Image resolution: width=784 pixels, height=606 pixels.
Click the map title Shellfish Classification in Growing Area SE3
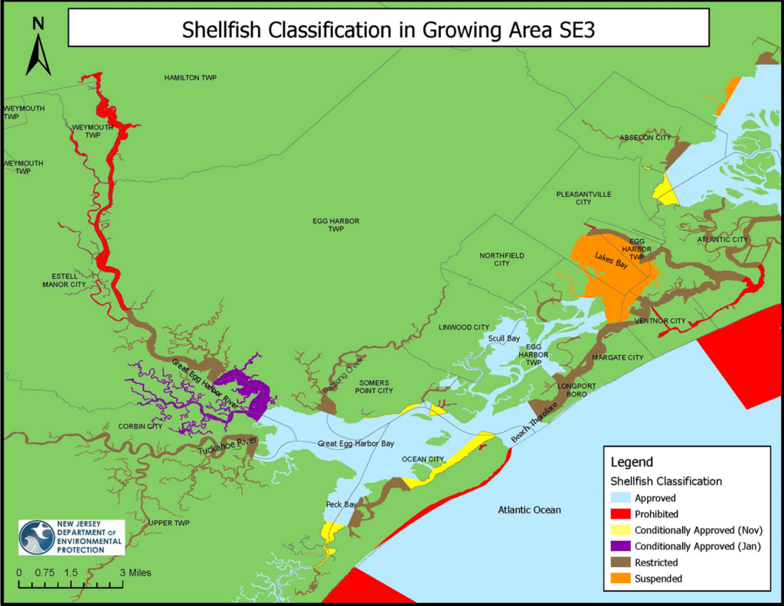tap(388, 30)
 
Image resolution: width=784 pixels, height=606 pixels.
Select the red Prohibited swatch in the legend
tap(620, 514)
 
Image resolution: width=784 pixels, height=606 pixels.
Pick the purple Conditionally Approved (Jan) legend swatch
tap(620, 546)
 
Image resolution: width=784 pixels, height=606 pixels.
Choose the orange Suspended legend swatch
tap(620, 578)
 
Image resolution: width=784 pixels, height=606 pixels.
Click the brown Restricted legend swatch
tap(620, 562)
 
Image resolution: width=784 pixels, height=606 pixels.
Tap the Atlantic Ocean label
tap(529, 510)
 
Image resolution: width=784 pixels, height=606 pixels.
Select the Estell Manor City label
tap(64, 279)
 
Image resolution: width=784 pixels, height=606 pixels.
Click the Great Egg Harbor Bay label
tap(356, 444)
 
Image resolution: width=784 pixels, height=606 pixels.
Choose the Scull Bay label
tap(504, 338)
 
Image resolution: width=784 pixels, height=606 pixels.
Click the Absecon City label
tap(645, 138)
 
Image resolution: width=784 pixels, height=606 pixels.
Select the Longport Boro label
tap(571, 390)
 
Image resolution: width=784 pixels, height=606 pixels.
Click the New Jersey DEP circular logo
tap(37, 537)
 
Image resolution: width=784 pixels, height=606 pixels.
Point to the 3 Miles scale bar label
tap(136, 572)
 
